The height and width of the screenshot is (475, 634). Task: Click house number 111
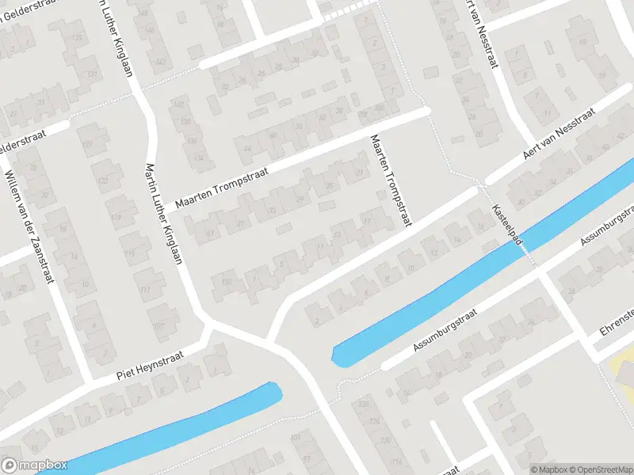[145, 291]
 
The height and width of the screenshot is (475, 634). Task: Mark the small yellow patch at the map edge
[622, 364]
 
